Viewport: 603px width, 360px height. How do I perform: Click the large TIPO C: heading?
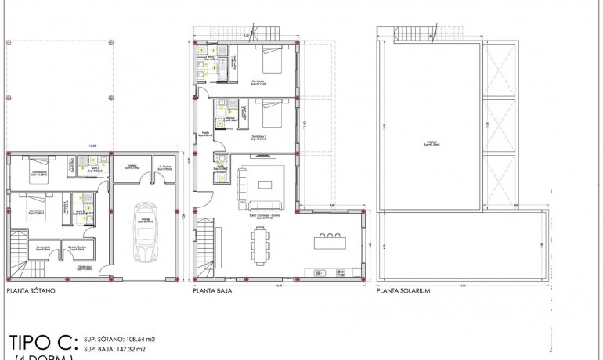43,342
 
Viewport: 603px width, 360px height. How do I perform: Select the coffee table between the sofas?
265,185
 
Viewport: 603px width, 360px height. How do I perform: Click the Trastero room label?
132,167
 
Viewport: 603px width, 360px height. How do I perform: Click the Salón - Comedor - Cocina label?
265,215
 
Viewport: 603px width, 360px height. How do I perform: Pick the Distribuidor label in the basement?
85,269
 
